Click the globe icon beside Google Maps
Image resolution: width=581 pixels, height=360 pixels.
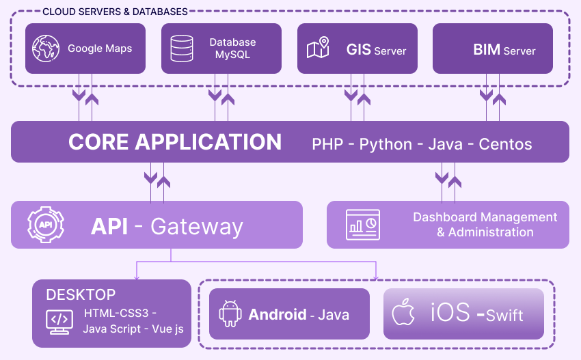pyautogui.click(x=45, y=49)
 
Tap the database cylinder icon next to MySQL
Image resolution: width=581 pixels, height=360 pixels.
pyautogui.click(x=181, y=49)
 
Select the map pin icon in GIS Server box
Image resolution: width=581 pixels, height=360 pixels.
pyautogui.click(x=318, y=49)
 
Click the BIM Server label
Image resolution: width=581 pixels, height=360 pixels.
pyautogui.click(x=504, y=50)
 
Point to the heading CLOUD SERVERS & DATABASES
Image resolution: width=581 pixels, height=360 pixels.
pyautogui.click(x=115, y=12)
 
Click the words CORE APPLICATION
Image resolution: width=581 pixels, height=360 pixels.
pyautogui.click(x=175, y=142)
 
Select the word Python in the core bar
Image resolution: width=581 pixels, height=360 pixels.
pyautogui.click(x=386, y=144)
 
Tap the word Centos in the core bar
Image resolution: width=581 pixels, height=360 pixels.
pyautogui.click(x=505, y=144)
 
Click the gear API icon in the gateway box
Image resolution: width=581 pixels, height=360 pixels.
pyautogui.click(x=45, y=225)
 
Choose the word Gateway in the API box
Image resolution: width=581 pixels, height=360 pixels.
pyautogui.click(x=197, y=226)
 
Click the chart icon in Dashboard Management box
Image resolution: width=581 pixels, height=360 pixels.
pyautogui.click(x=364, y=225)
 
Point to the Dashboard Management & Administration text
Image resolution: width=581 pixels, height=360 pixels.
pyautogui.click(x=485, y=225)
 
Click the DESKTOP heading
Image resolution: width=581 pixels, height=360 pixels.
pyautogui.click(x=81, y=295)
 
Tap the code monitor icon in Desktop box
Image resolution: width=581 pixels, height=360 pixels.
pyautogui.click(x=59, y=321)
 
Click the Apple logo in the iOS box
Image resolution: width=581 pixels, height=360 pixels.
pyautogui.click(x=403, y=314)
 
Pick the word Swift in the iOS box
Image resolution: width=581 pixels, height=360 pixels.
pyautogui.click(x=504, y=315)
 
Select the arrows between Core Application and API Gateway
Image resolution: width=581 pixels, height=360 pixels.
pyautogui.click(x=157, y=181)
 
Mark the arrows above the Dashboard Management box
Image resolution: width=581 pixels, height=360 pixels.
pyautogui.click(x=448, y=180)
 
